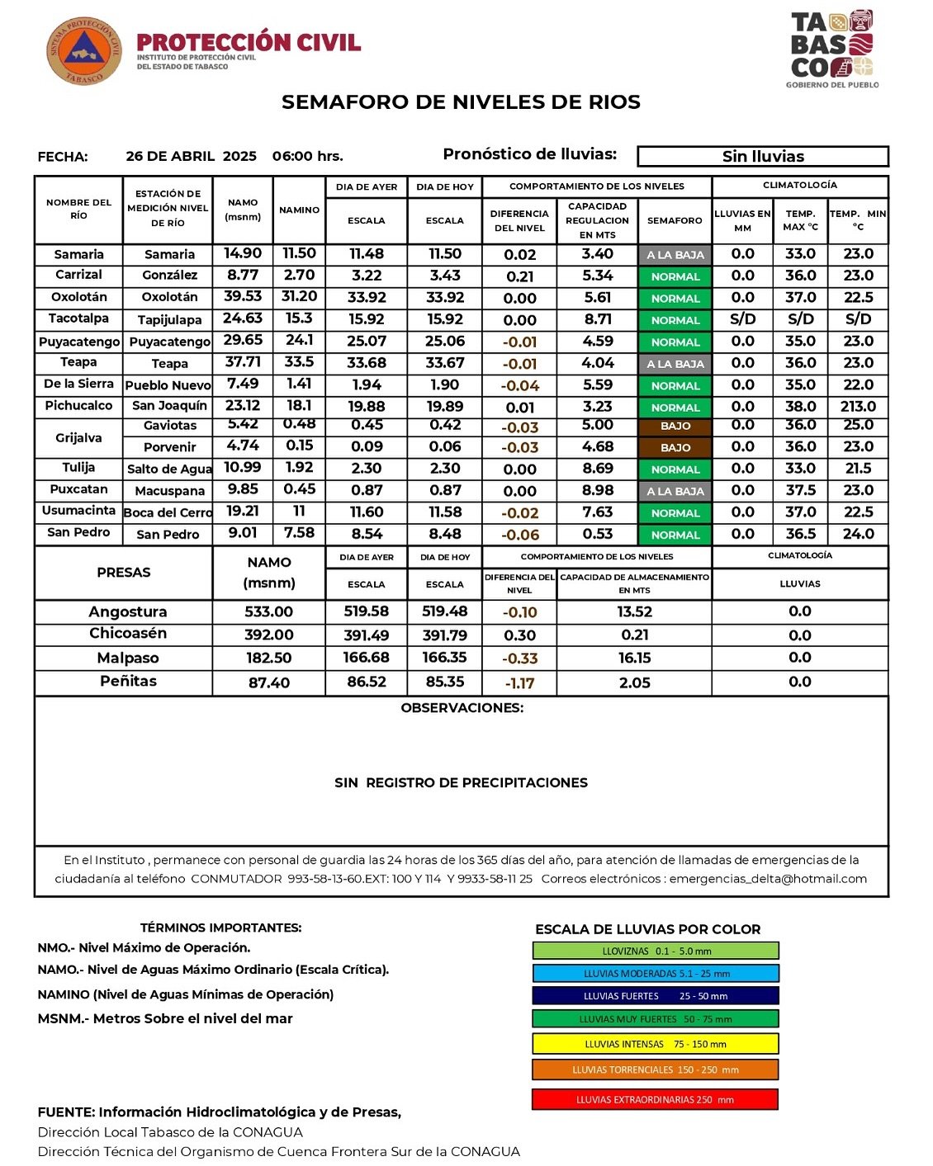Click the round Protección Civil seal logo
pyautogui.click(x=84, y=51)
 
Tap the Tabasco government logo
pyautogui.click(x=831, y=48)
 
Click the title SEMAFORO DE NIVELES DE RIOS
pyautogui.click(x=461, y=102)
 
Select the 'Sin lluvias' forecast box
pyautogui.click(x=763, y=156)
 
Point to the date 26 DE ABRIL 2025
pyautogui.click(x=191, y=156)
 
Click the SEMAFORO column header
pyautogui.click(x=675, y=220)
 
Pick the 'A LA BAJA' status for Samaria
pyautogui.click(x=675, y=255)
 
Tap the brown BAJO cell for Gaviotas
pyautogui.click(x=675, y=426)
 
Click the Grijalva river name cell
pyautogui.click(x=78, y=437)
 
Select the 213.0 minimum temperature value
pyautogui.click(x=858, y=406)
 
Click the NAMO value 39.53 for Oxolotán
pyautogui.click(x=243, y=296)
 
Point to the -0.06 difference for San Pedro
pyautogui.click(x=520, y=535)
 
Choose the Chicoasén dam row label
pyautogui.click(x=128, y=634)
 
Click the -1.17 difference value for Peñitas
pyautogui.click(x=520, y=683)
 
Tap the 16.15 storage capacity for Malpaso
pyautogui.click(x=634, y=658)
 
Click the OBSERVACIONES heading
pyautogui.click(x=462, y=708)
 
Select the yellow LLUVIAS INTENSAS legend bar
pyautogui.click(x=656, y=1044)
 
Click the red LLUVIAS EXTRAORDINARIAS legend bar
pyautogui.click(x=656, y=1099)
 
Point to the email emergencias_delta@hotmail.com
pyautogui.click(x=768, y=879)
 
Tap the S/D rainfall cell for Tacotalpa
pyautogui.click(x=742, y=319)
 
